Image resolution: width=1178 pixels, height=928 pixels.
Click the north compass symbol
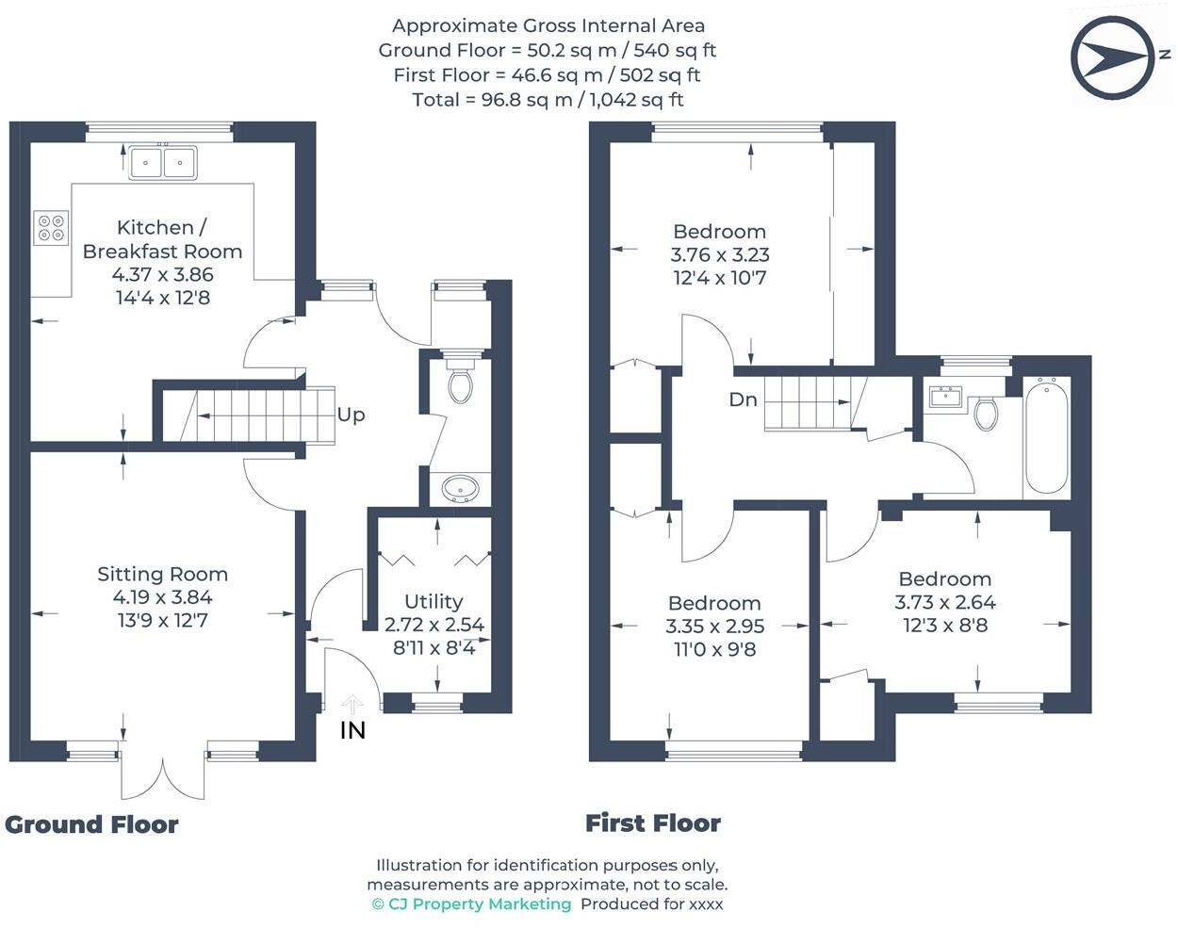click(1111, 58)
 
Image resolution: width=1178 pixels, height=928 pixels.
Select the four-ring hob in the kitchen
click(52, 227)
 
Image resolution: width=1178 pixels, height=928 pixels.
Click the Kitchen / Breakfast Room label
click(162, 239)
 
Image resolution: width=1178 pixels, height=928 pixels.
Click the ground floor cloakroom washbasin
click(460, 489)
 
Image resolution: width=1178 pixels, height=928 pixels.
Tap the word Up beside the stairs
click(351, 415)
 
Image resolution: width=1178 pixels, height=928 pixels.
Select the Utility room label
click(434, 601)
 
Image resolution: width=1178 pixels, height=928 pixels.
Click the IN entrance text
click(352, 730)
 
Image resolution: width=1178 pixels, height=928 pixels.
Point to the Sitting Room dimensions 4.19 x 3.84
click(162, 596)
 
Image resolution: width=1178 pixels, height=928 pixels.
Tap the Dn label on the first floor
click(743, 399)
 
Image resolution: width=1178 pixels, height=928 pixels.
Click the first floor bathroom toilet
click(986, 413)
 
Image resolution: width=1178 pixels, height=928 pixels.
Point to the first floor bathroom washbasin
click(944, 397)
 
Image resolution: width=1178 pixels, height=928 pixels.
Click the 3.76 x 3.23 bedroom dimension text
click(720, 254)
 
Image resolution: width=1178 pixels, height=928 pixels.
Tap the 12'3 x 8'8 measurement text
click(945, 625)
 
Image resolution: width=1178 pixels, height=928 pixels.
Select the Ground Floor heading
click(91, 824)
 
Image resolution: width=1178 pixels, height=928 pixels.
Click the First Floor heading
click(653, 822)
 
